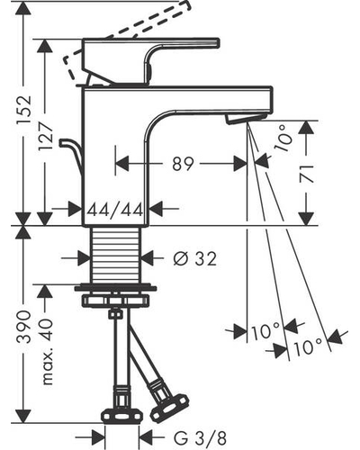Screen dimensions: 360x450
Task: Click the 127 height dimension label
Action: coord(46,137)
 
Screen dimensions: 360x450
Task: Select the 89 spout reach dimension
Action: coord(183,164)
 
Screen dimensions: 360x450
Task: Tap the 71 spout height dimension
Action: coord(307,174)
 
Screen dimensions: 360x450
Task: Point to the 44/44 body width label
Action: coord(115,209)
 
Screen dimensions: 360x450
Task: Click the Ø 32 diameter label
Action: coord(194,258)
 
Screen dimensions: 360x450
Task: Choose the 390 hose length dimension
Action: coord(24,327)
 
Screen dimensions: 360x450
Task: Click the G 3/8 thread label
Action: coord(200,438)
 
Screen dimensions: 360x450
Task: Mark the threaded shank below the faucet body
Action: coord(115,255)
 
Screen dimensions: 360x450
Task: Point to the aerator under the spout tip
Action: coord(246,119)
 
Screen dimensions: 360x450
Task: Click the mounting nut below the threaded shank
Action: coord(115,301)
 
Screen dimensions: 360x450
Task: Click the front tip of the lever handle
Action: coord(218,42)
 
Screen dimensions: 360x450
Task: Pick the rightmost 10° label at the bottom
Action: coord(308,346)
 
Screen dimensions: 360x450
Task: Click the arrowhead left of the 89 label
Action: coord(122,164)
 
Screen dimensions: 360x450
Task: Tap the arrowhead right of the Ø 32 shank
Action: coord(148,258)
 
